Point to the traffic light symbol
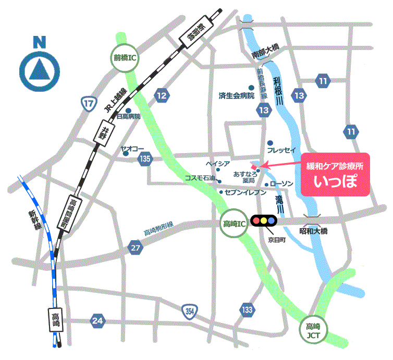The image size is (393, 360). pos(264,220)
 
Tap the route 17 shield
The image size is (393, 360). pos(89,104)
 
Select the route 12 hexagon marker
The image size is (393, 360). pos(162,95)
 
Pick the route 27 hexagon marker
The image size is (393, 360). pos(136,248)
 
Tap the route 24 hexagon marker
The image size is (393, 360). pos(97,320)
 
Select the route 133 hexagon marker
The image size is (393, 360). pos(248,309)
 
